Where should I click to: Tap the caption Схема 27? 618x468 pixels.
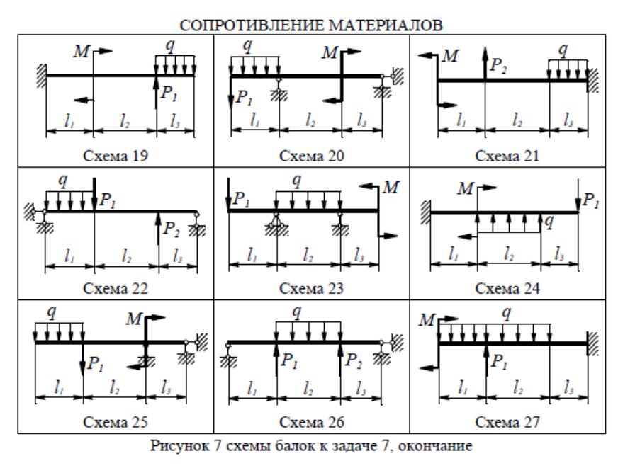[507, 423]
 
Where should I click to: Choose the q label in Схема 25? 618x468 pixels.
[51, 312]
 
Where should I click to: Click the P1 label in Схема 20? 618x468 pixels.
[245, 98]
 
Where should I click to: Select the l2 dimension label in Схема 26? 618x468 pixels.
[309, 389]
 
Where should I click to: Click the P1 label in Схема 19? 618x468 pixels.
[168, 96]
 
